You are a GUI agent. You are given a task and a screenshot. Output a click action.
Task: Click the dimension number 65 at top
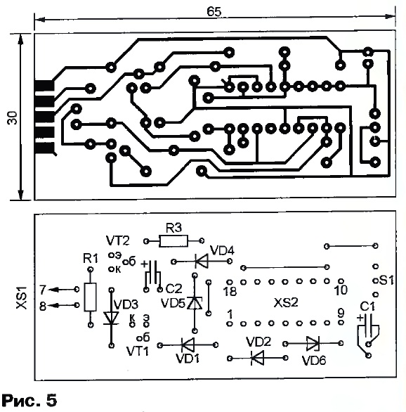(214, 11)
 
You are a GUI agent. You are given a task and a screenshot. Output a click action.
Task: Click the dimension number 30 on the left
(13, 117)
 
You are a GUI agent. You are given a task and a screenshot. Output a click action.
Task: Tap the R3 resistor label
(173, 228)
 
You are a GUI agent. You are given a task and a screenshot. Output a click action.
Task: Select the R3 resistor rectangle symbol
(173, 241)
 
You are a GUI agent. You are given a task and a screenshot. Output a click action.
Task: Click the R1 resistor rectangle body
(91, 297)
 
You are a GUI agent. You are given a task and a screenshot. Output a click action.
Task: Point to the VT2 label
(117, 240)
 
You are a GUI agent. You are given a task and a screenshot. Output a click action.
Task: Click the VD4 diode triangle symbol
(202, 261)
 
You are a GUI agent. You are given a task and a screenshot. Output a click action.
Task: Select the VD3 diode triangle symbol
(111, 318)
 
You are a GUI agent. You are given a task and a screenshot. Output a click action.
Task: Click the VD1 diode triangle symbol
(188, 345)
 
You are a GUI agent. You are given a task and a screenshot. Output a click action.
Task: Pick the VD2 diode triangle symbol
(257, 358)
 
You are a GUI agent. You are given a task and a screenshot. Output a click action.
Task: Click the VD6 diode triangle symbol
(313, 343)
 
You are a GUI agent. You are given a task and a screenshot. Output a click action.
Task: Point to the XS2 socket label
(286, 303)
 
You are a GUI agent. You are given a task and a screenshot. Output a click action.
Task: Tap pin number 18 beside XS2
(230, 291)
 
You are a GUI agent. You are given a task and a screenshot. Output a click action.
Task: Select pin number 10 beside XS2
(341, 290)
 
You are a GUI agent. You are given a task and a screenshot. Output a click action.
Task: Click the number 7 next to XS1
(43, 290)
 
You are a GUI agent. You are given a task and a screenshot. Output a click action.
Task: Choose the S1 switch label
(386, 281)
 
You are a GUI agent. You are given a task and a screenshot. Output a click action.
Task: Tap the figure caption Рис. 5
(29, 400)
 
